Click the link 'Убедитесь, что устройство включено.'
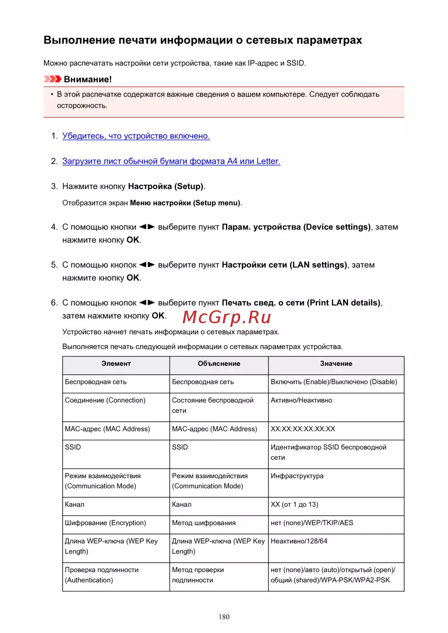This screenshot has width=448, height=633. (136, 136)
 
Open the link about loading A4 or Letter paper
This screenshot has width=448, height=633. (171, 161)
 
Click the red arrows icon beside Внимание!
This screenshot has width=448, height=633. (52, 79)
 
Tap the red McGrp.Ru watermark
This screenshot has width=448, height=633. (227, 317)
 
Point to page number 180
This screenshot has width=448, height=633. (224, 617)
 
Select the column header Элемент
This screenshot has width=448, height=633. (116, 364)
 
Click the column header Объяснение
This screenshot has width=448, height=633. (219, 364)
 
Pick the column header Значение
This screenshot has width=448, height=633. (336, 364)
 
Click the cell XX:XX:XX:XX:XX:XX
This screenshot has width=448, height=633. (303, 429)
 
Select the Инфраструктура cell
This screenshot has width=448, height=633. (297, 476)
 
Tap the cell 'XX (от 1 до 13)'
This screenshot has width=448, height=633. (294, 505)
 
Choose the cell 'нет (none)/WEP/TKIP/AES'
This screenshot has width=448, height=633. (312, 523)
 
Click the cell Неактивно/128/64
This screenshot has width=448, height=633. (299, 541)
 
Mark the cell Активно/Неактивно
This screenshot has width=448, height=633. (302, 400)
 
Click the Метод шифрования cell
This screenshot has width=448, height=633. (204, 523)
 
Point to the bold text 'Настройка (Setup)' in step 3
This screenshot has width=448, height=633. (166, 186)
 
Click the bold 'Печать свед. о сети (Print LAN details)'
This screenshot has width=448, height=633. (301, 303)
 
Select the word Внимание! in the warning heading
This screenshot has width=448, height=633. (88, 79)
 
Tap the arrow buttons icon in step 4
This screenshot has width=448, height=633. (147, 227)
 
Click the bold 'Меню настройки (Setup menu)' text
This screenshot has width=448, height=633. (185, 203)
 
